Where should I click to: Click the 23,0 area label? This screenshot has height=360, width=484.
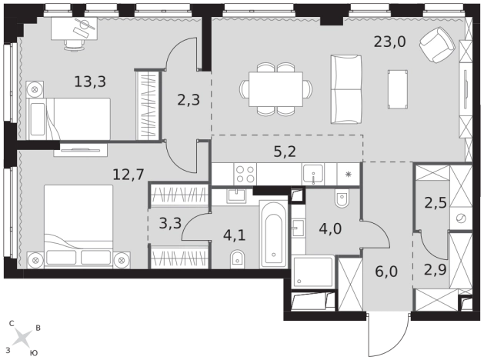click(389, 42)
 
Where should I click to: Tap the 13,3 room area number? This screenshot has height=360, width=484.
click(90, 82)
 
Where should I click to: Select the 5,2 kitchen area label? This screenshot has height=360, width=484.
click(285, 152)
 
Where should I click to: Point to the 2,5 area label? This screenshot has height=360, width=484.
click(436, 202)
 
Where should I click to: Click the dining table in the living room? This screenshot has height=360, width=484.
click(275, 89)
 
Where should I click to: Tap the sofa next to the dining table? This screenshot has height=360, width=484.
click(346, 89)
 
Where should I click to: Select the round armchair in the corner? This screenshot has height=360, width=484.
click(437, 44)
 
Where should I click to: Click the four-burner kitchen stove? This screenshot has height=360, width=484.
click(245, 175)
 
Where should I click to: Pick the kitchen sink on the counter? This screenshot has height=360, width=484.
click(313, 174)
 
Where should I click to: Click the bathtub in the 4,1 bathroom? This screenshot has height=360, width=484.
click(274, 235)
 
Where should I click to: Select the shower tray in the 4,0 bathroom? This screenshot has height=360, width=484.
click(313, 272)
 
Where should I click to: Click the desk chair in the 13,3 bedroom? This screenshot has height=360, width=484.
click(74, 45)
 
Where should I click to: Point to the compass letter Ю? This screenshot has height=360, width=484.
click(34, 353)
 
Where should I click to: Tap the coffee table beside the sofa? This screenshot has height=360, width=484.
click(398, 89)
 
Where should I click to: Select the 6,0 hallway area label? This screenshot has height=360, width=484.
click(386, 272)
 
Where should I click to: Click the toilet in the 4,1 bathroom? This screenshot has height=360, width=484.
click(237, 258)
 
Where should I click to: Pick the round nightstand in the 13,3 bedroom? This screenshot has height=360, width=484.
click(35, 90)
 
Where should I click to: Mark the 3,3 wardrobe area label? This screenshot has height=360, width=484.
click(170, 223)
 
